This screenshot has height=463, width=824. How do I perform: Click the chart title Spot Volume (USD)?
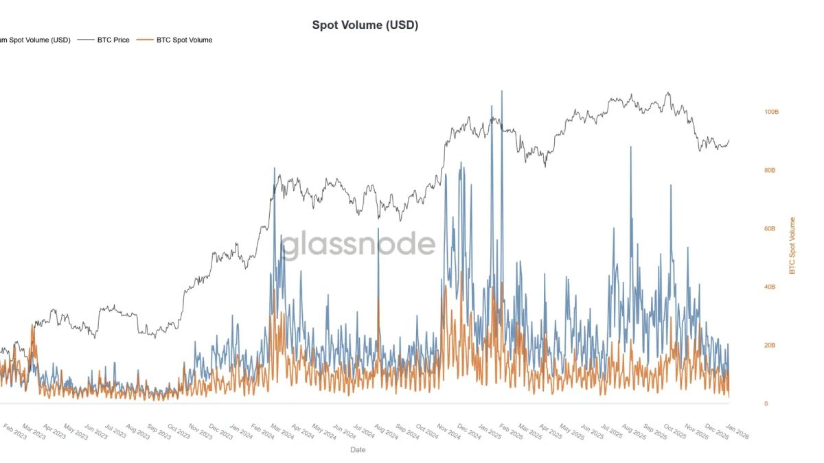point(365,25)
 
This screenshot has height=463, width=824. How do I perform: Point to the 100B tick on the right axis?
point(771,112)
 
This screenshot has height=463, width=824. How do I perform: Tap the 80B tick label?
point(770,170)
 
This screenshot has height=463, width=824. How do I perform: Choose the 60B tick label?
point(770,228)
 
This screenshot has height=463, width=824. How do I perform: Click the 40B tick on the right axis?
point(770,287)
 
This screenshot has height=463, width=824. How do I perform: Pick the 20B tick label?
point(770,345)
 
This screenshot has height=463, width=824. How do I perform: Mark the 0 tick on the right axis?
point(766,403)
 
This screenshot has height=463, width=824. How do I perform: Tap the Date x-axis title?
point(358,450)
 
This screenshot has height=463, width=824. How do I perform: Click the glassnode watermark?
point(358,245)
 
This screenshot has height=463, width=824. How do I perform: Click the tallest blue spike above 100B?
point(501,91)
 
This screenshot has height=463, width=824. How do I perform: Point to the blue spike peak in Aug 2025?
point(630,147)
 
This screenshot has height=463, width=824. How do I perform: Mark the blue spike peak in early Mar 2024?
point(275,168)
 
